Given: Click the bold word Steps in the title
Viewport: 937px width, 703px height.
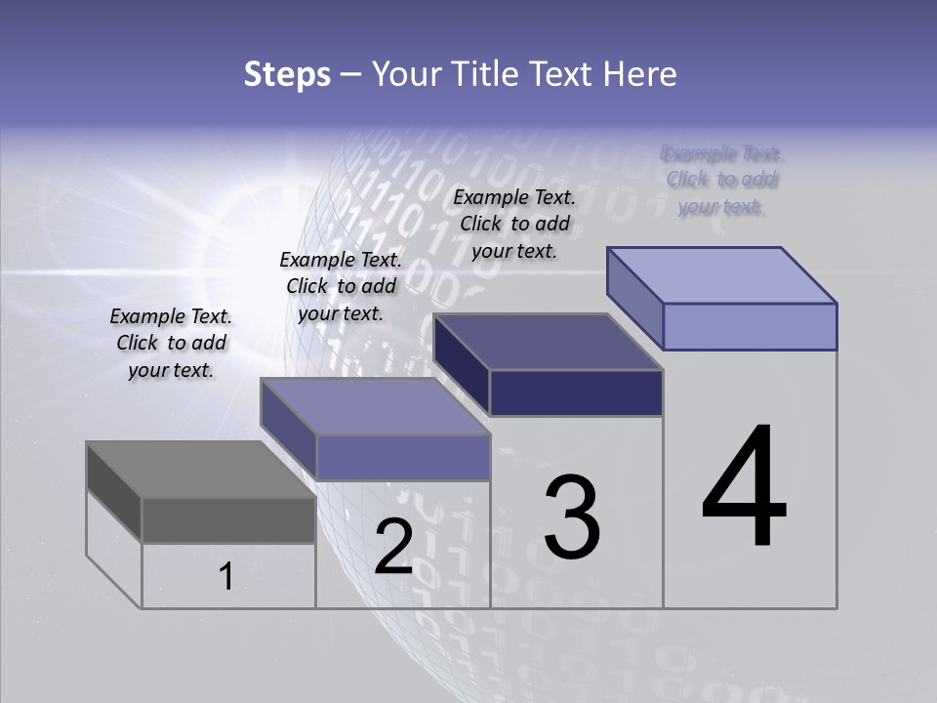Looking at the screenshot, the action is point(287,74).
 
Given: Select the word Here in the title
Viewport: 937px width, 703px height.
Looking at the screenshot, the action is point(642,74).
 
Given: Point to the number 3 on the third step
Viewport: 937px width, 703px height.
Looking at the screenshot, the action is point(572,517).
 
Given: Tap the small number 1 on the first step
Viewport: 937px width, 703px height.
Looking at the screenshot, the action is point(226,576).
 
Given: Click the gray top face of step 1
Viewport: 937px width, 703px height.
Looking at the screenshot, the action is point(200,470).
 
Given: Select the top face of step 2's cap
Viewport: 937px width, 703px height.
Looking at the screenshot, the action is point(376,406).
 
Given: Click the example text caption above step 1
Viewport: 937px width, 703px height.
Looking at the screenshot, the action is point(171,344).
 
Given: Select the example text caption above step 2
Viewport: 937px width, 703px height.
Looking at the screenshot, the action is point(341,286).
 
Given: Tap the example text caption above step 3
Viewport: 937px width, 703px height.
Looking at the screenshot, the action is point(514,224).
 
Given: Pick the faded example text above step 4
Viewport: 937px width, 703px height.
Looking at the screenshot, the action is point(722,180).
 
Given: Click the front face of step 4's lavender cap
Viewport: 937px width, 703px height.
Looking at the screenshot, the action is point(750,326).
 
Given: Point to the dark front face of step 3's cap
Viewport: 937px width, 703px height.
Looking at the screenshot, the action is point(576,393).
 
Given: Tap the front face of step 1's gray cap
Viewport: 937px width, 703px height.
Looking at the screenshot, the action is point(228,519).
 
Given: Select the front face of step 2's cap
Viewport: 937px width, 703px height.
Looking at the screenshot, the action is point(403,457).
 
